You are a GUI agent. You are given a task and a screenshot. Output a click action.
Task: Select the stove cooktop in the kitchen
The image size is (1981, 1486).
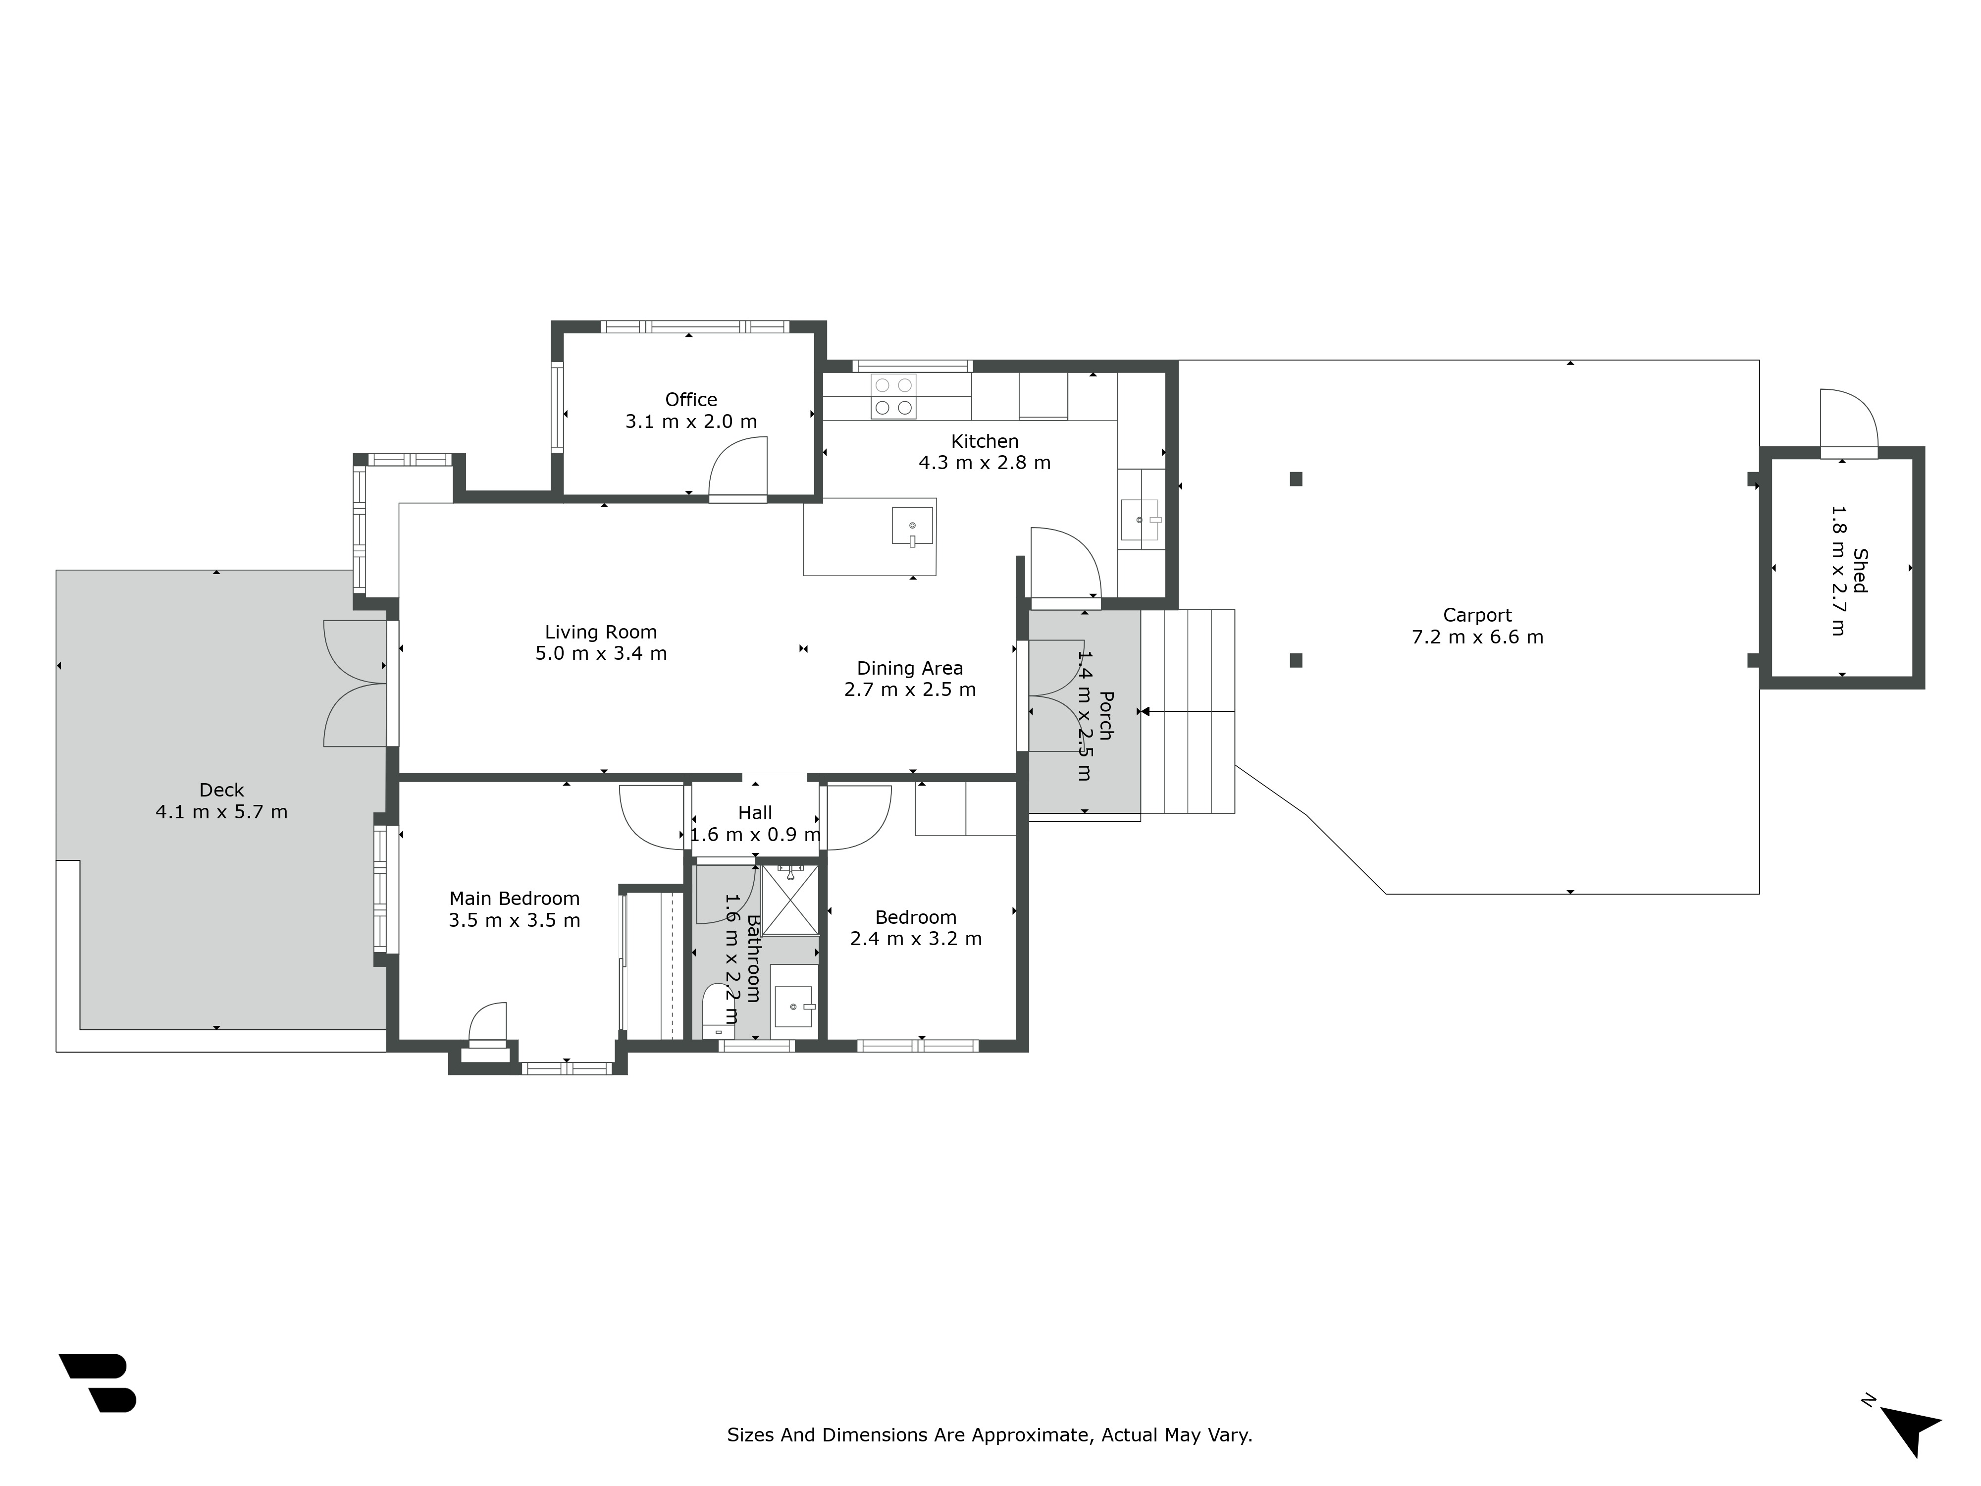(x=894, y=396)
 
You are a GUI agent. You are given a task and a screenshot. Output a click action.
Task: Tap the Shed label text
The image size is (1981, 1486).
(x=1860, y=571)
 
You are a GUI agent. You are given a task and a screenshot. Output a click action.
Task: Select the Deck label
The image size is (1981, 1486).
(x=221, y=790)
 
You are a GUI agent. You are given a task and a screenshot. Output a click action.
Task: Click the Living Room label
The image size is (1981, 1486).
(x=601, y=633)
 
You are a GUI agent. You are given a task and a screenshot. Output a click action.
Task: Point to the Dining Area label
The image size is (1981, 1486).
(x=910, y=668)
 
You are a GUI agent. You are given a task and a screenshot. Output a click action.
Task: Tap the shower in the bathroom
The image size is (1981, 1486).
(x=790, y=900)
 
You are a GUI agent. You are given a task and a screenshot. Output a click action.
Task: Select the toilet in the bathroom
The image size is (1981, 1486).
(x=718, y=1010)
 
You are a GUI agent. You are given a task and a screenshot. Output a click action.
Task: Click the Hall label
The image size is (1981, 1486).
(x=755, y=813)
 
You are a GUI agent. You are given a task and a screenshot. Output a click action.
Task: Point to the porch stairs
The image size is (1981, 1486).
(x=1188, y=711)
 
